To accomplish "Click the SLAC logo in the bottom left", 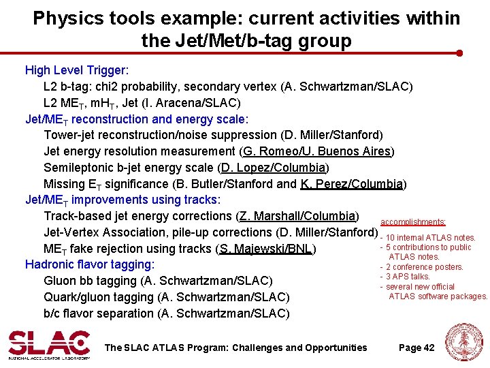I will pos(49,344).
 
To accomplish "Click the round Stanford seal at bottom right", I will pos(464,343).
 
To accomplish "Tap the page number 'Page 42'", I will pos(416,348).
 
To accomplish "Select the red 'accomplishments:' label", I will pos(413,222).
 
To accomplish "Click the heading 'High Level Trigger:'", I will pos(77,70).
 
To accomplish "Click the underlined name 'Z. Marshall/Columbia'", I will pos(297,217).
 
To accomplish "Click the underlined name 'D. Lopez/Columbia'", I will pos(274,168).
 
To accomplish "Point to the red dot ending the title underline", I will pos(459,52).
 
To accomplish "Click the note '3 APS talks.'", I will pos(408,277).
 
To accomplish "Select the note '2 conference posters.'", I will pos(424,267).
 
